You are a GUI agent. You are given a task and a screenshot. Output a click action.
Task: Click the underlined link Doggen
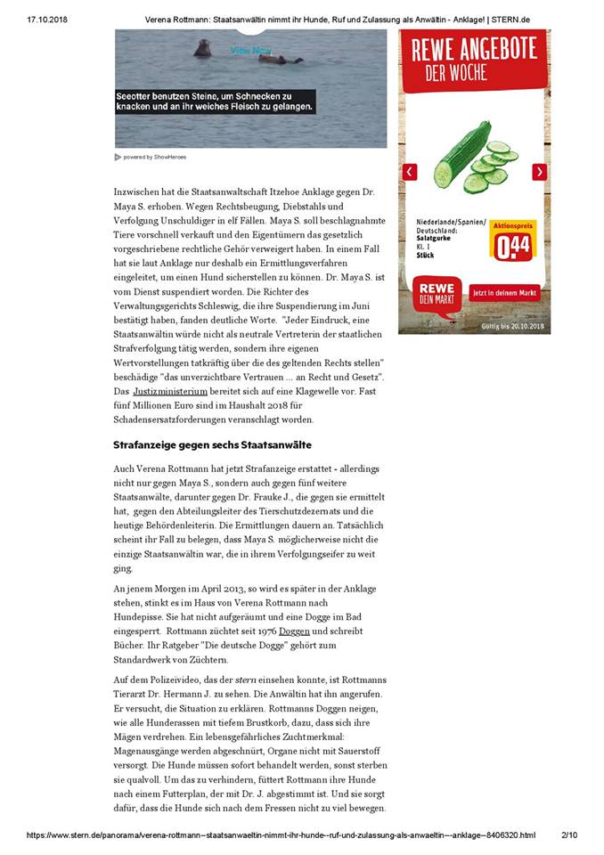(x=294, y=631)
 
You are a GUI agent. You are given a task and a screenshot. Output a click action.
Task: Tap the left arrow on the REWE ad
(x=410, y=172)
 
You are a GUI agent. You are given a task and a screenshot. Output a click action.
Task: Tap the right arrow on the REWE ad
(x=539, y=172)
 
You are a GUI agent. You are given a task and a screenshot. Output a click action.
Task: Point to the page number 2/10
(x=569, y=835)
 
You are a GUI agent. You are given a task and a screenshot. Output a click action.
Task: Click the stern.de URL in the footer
(x=281, y=835)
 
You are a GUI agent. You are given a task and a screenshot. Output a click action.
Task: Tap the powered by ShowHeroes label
(x=153, y=157)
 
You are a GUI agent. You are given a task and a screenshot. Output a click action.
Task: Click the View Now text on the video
(x=250, y=51)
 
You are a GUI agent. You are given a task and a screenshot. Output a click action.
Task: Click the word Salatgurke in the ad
(x=439, y=240)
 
